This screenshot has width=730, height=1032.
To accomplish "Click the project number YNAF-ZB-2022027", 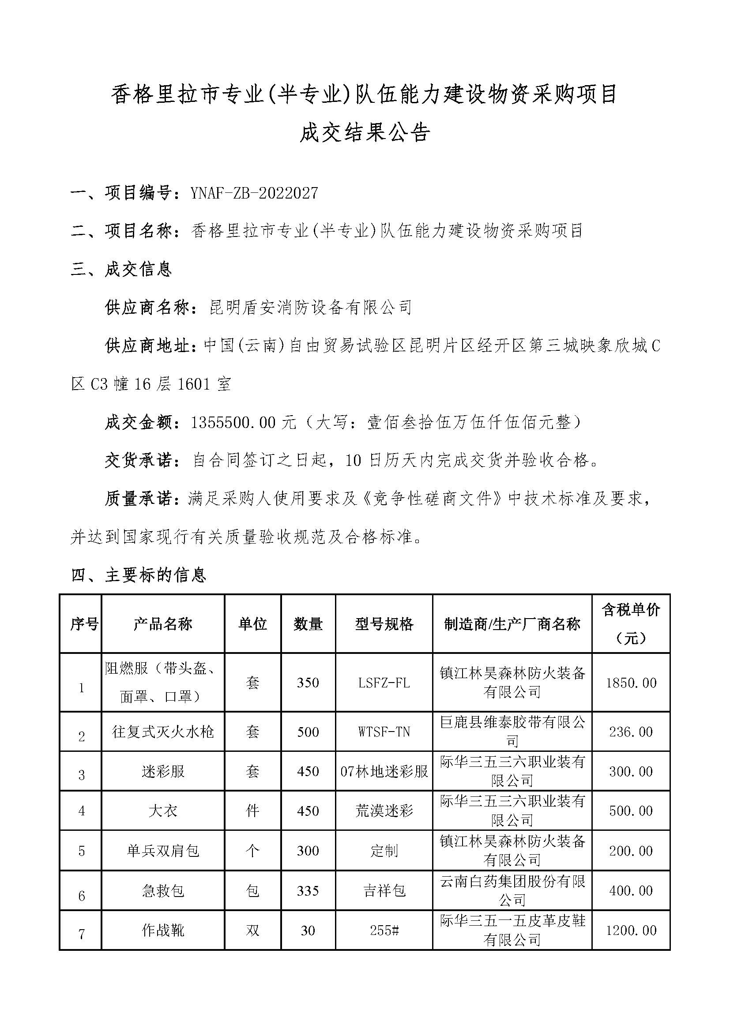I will pos(254,193).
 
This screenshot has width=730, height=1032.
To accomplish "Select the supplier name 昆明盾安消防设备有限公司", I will pos(311,308).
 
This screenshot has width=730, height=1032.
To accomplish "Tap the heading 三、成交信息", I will pos(121,269).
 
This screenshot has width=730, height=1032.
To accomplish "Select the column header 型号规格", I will pos(384,624).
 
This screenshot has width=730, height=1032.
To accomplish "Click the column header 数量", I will pos(308,624).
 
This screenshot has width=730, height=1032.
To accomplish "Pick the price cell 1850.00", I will pos(631,683).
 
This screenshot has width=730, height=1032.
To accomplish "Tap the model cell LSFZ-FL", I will pos(384,683).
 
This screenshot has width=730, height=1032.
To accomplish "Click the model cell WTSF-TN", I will pos(384,732).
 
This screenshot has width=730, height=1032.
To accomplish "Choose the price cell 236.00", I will pos(631,732).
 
